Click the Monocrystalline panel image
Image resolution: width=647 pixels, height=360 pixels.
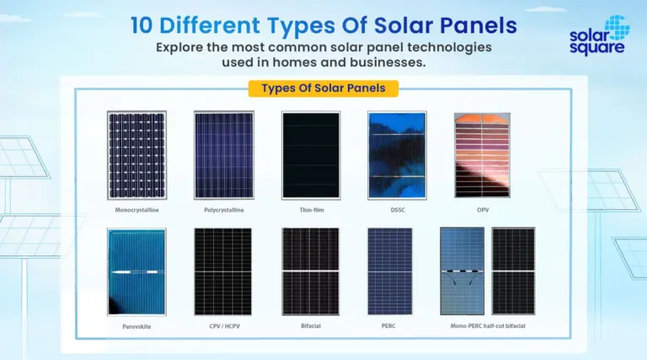tap(136, 155)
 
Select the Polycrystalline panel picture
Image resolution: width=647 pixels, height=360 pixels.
tap(224, 155)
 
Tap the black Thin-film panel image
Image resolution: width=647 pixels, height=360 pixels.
tap(311, 155)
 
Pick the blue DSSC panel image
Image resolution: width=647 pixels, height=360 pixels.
tap(397, 155)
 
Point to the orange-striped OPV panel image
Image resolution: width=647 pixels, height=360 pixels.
tap(482, 155)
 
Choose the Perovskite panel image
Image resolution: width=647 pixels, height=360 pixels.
tap(136, 272)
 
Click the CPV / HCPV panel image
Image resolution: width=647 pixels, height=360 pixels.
tap(222, 271)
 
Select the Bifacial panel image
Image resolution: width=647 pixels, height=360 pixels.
tap(311, 271)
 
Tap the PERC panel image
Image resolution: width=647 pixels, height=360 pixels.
tap(389, 271)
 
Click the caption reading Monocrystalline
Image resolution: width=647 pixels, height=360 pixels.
tap(136, 210)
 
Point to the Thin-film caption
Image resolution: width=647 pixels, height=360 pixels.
tap(312, 210)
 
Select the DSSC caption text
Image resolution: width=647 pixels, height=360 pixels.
tap(398, 210)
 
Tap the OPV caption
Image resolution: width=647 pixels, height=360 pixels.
tap(483, 210)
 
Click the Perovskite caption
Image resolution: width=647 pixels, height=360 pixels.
tap(136, 326)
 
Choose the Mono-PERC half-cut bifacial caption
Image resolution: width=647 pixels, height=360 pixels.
tap(488, 326)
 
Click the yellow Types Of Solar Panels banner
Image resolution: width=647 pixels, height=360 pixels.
tap(323, 89)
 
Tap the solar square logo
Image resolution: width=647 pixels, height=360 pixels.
tap(599, 35)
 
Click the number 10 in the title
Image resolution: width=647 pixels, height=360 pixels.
tap(142, 25)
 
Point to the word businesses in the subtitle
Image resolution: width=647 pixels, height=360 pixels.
tap(388, 62)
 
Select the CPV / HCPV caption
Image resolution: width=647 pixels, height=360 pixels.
tap(224, 326)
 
